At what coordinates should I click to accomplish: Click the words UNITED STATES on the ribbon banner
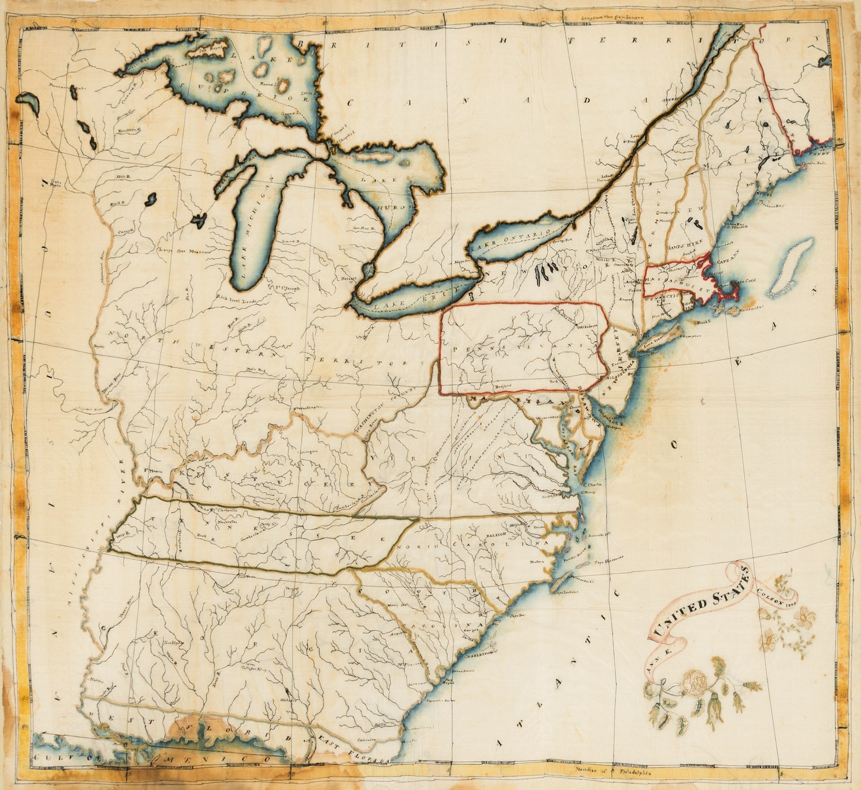(x=702, y=600)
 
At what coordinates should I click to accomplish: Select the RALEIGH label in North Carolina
(x=497, y=534)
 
